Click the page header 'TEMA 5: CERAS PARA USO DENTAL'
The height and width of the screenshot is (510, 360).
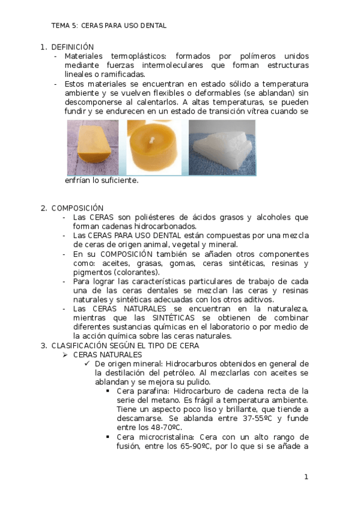pyautogui.click(x=109, y=26)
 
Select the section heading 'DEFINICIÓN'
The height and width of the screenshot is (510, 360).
pyautogui.click(x=73, y=47)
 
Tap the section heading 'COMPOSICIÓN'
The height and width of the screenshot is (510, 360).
pyautogui.click(x=78, y=208)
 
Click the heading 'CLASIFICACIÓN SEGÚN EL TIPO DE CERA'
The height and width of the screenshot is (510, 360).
pyautogui.click(x=125, y=346)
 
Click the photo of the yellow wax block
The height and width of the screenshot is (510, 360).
pyautogui.click(x=93, y=147)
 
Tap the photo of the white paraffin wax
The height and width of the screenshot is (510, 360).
pyautogui.click(x=222, y=147)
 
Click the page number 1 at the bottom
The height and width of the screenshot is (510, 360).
pyautogui.click(x=306, y=477)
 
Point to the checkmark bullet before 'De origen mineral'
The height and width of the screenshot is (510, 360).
pyautogui.click(x=88, y=364)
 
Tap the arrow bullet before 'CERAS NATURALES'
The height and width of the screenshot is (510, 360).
pyautogui.click(x=67, y=355)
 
